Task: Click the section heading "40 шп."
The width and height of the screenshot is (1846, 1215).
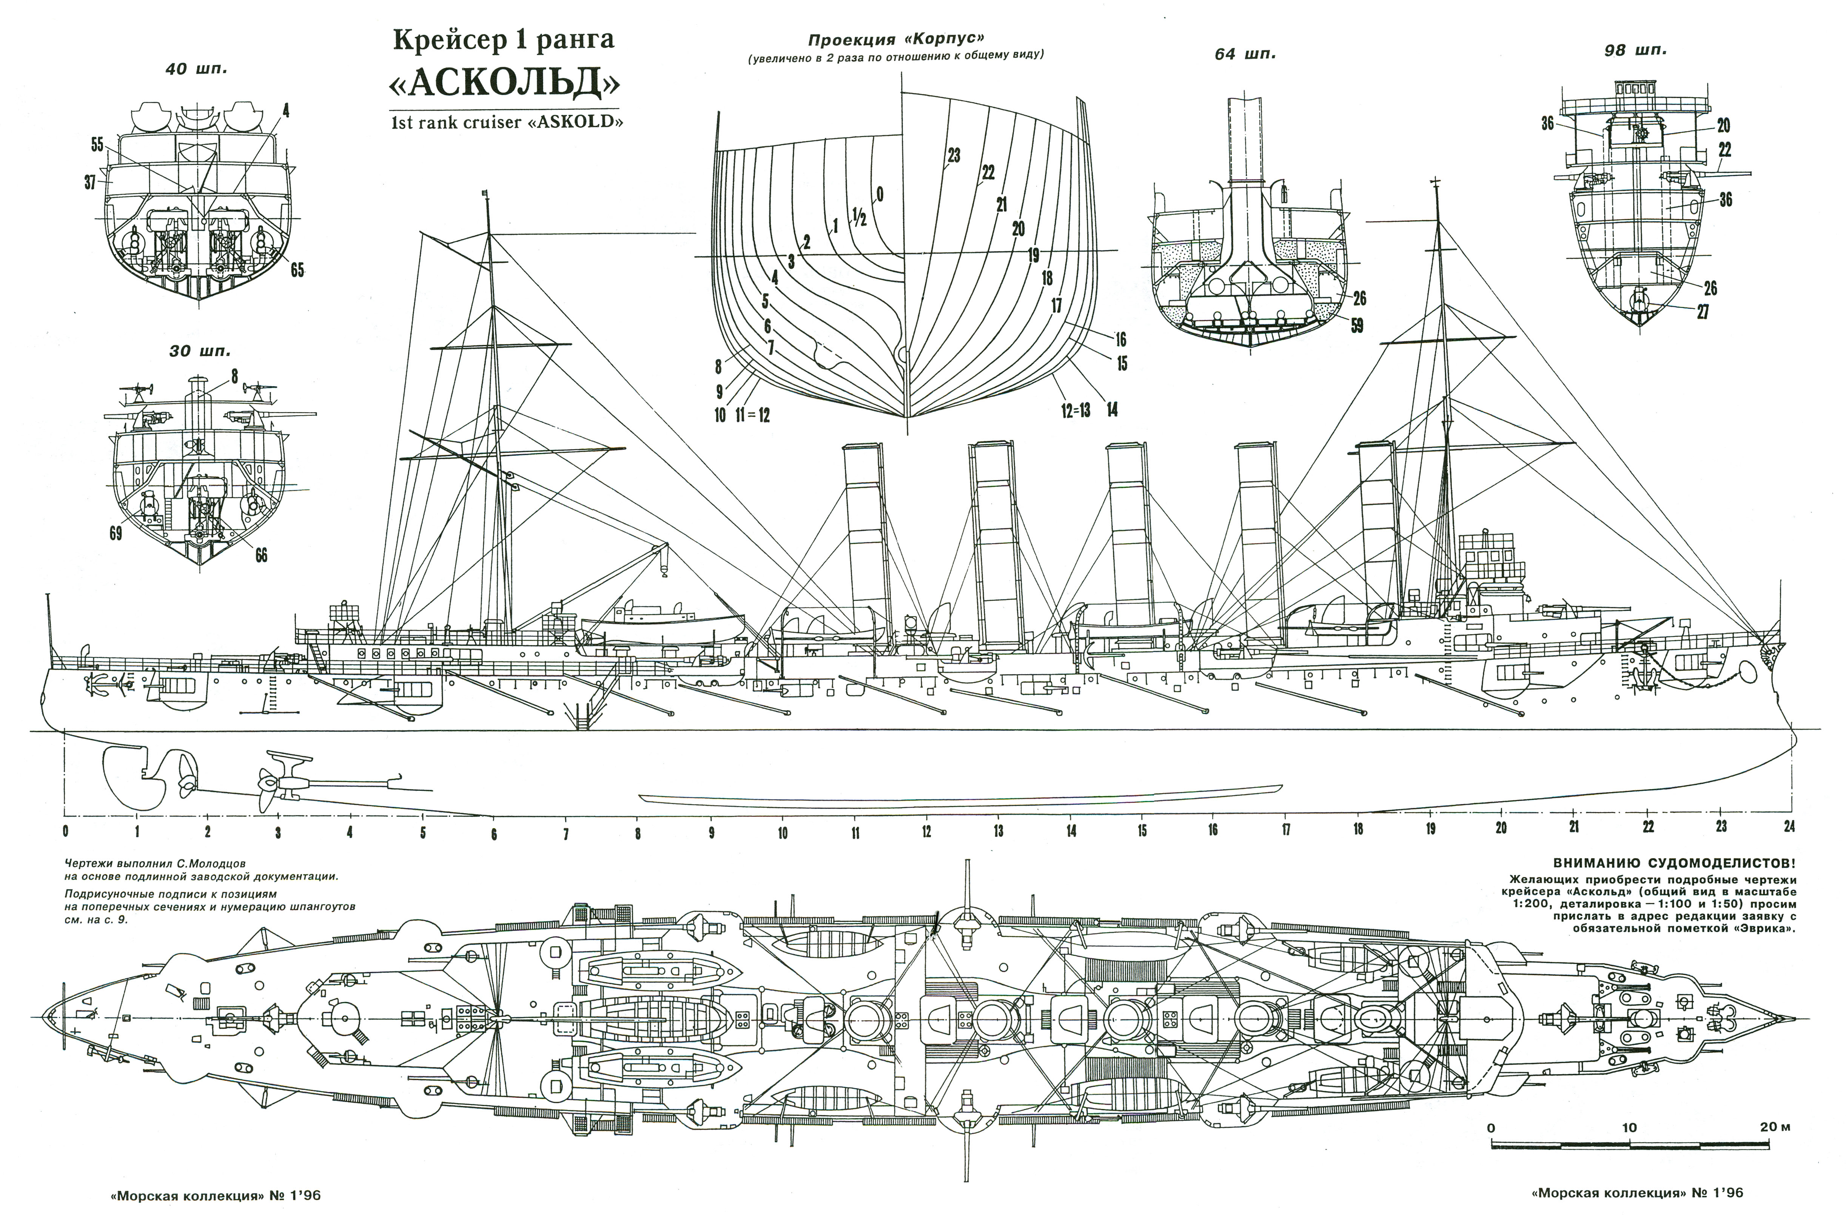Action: (x=196, y=69)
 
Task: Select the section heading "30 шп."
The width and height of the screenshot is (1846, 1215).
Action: (x=200, y=351)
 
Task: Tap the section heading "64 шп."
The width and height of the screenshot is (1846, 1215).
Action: (x=1245, y=54)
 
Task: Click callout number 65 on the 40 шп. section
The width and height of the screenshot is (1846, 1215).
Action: (x=297, y=270)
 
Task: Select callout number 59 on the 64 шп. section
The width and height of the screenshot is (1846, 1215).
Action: (x=1357, y=326)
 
